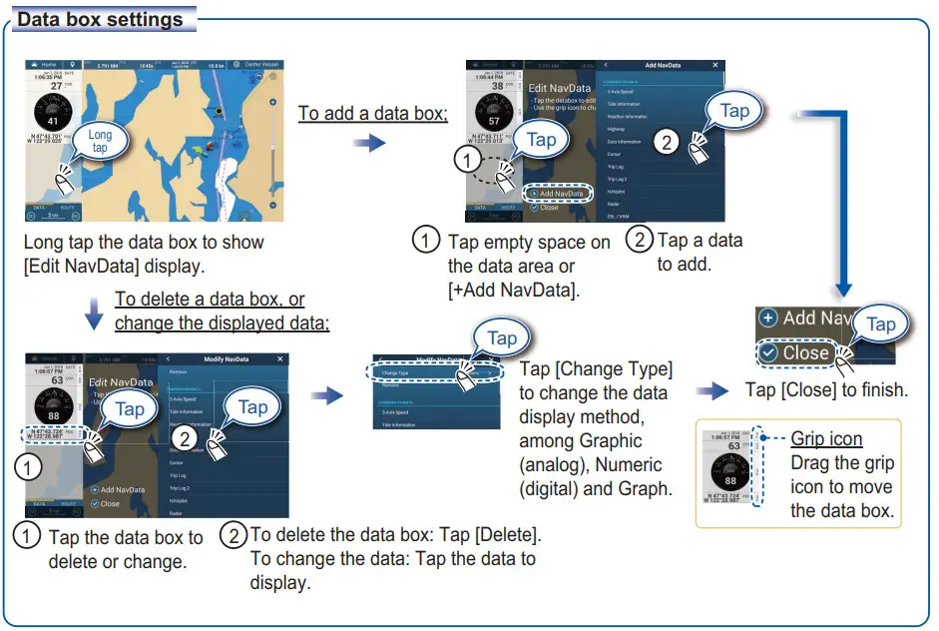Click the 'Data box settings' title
point(101,19)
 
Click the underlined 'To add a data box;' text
point(373,113)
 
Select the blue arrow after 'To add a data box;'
point(369,144)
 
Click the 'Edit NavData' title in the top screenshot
point(560,89)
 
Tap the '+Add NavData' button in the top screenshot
point(560,193)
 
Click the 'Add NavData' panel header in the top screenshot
point(663,65)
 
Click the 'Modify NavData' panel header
point(229,358)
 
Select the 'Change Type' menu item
point(374,372)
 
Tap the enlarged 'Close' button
point(795,352)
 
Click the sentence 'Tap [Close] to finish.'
point(826,389)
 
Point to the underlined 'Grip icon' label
point(826,439)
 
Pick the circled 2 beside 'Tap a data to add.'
point(639,241)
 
